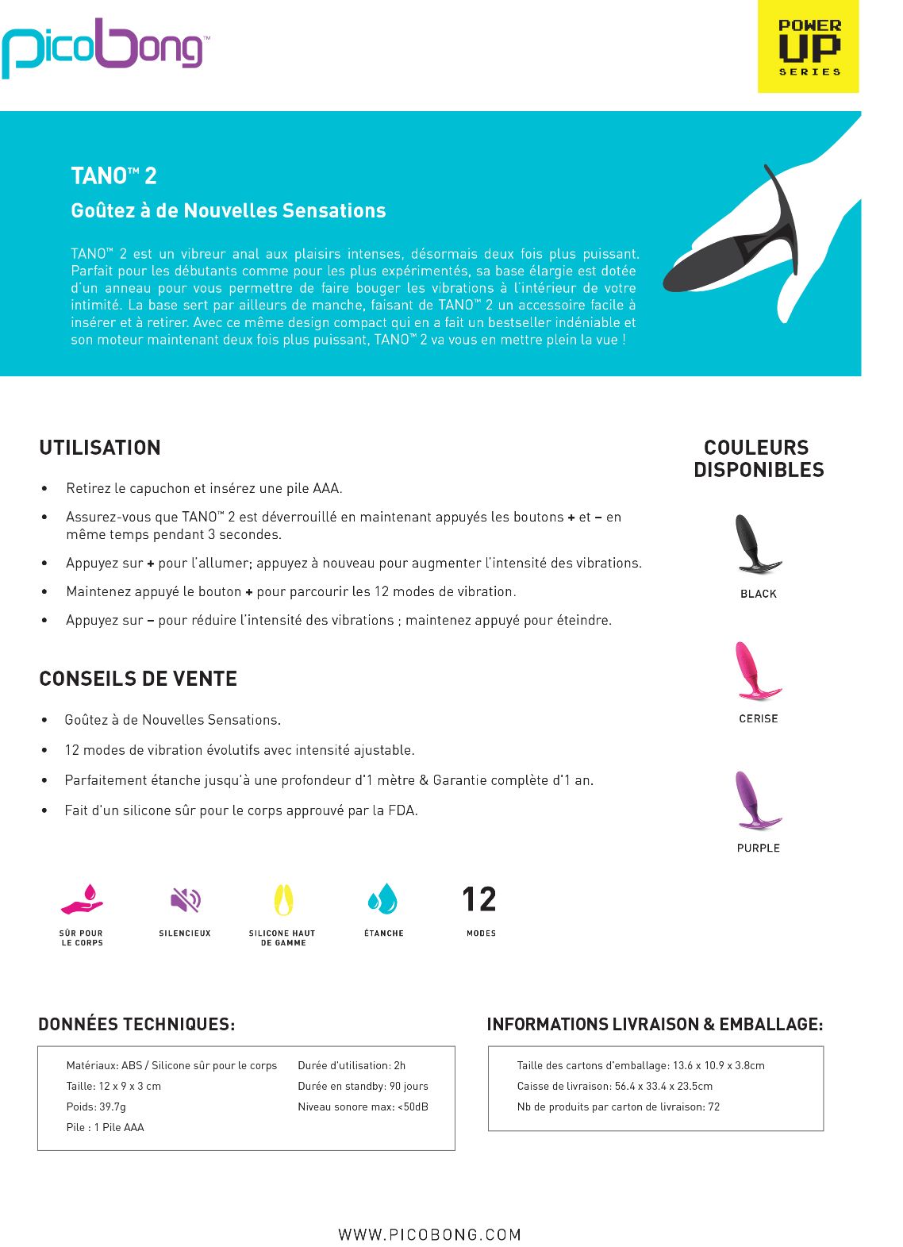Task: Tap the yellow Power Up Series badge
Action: coord(808,47)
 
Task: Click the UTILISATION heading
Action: coord(100,448)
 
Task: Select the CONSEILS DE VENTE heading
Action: coord(138,679)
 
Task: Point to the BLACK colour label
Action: coord(758,594)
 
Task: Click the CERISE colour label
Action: coord(758,718)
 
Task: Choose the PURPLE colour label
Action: coord(758,848)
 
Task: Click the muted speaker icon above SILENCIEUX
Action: coord(186,900)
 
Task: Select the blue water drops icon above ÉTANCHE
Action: coord(382,899)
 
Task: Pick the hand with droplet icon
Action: coord(83,900)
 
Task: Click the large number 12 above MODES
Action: coord(479,899)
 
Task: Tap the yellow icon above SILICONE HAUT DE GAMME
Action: coord(283,900)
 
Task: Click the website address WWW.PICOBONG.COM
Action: coord(429,1234)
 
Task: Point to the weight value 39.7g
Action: coord(111,1107)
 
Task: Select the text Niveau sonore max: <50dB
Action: coord(363,1107)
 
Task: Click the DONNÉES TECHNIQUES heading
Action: coord(136,1024)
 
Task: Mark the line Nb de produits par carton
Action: coord(618,1107)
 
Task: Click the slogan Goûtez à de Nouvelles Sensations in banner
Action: coord(229,210)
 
